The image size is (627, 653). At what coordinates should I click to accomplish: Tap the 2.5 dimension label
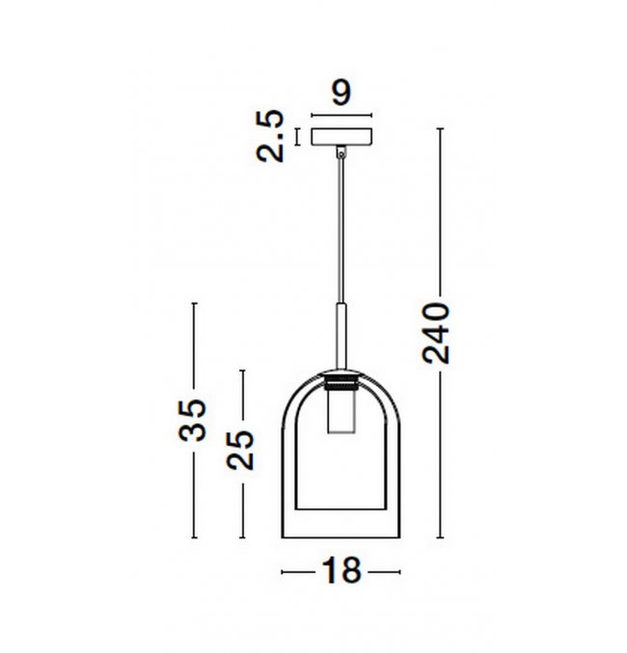(270, 136)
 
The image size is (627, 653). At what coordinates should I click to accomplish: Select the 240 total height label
(436, 333)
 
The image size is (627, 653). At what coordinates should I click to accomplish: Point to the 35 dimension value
(192, 421)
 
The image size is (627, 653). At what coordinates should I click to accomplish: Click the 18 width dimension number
(341, 571)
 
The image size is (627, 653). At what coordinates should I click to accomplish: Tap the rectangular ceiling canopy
(341, 137)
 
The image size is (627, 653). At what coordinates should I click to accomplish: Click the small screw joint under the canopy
(341, 152)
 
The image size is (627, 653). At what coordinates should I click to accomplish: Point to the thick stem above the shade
(341, 337)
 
